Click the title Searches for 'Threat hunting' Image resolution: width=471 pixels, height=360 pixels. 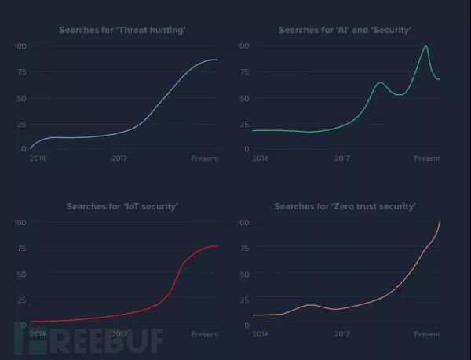(122, 31)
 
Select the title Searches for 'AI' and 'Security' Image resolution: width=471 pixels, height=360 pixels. (345, 31)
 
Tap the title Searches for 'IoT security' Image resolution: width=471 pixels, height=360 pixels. (122, 207)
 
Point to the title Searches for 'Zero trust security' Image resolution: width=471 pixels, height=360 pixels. (345, 207)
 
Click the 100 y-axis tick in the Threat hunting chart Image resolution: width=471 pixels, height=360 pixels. (20, 46)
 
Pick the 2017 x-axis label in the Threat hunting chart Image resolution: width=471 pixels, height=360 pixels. (119, 158)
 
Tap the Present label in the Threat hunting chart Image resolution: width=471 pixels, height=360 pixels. (204, 158)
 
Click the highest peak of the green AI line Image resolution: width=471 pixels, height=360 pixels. (425, 46)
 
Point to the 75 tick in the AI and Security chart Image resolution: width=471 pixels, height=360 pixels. (244, 72)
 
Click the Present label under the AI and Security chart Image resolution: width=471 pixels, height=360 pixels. (427, 158)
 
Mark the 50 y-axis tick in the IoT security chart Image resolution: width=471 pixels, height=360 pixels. (22, 274)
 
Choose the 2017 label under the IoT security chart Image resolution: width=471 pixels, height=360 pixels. (119, 334)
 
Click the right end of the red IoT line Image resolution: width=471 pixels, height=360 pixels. (217, 246)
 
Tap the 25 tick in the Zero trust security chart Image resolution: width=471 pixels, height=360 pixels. (244, 299)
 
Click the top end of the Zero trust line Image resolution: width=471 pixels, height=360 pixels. (440, 223)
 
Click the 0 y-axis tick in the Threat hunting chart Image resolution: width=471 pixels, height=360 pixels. (24, 149)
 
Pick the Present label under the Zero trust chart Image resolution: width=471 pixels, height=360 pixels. (427, 334)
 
